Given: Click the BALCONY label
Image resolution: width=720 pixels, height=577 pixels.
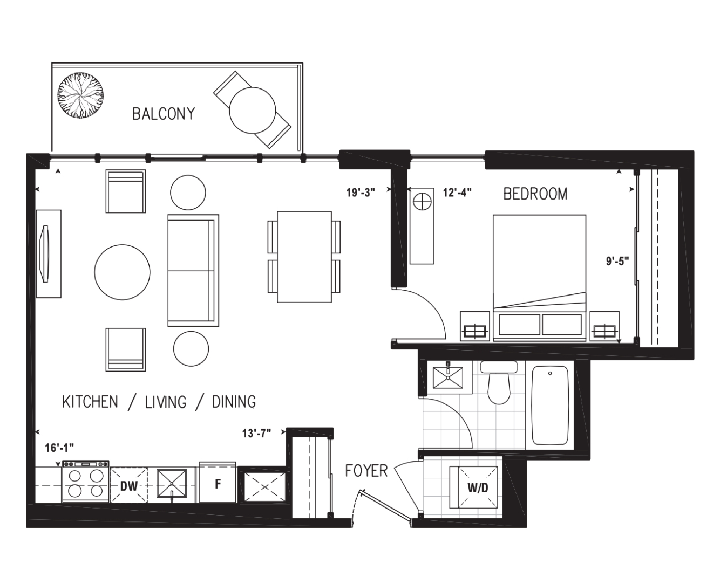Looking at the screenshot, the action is (164, 114).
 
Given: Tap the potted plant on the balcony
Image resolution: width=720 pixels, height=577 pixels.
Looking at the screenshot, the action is (80, 95).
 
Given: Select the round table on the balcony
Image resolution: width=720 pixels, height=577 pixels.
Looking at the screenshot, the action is (252, 111).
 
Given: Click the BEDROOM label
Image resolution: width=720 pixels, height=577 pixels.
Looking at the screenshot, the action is (535, 194).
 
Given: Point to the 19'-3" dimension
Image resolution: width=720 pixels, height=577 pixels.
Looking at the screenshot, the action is (361, 193).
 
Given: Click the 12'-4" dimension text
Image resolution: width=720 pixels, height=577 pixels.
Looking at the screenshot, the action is (457, 193).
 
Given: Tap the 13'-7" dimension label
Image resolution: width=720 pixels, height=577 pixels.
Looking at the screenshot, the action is (256, 434).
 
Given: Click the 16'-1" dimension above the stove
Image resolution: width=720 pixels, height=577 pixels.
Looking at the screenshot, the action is (59, 448).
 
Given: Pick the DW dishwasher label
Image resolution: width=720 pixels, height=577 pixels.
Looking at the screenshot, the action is (129, 486).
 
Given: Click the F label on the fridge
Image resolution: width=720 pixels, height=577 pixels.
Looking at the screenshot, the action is (218, 484).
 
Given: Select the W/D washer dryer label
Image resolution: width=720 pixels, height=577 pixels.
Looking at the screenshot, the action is (478, 488).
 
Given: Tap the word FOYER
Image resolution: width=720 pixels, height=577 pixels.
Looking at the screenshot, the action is (366, 471).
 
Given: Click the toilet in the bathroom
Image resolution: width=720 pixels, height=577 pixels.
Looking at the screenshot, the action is (499, 382).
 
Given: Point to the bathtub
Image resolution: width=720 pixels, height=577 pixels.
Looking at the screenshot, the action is (550, 405).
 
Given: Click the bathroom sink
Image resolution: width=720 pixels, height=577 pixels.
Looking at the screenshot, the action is (448, 378).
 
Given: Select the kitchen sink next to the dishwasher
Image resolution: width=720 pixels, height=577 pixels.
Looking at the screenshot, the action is (172, 484).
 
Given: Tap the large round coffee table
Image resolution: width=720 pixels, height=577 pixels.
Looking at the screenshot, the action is (122, 272).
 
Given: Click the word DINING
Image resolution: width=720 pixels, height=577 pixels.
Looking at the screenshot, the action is (234, 402).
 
